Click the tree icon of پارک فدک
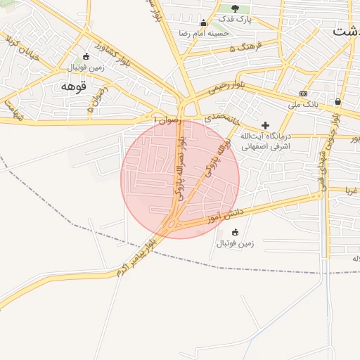click(235, 8)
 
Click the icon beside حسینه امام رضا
click(204, 23)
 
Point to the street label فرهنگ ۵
click(246, 47)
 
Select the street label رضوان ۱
click(166, 120)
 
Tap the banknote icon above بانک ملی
click(303, 94)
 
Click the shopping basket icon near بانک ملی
click(338, 101)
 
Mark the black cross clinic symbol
click(265, 124)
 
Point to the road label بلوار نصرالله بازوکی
click(181, 167)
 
